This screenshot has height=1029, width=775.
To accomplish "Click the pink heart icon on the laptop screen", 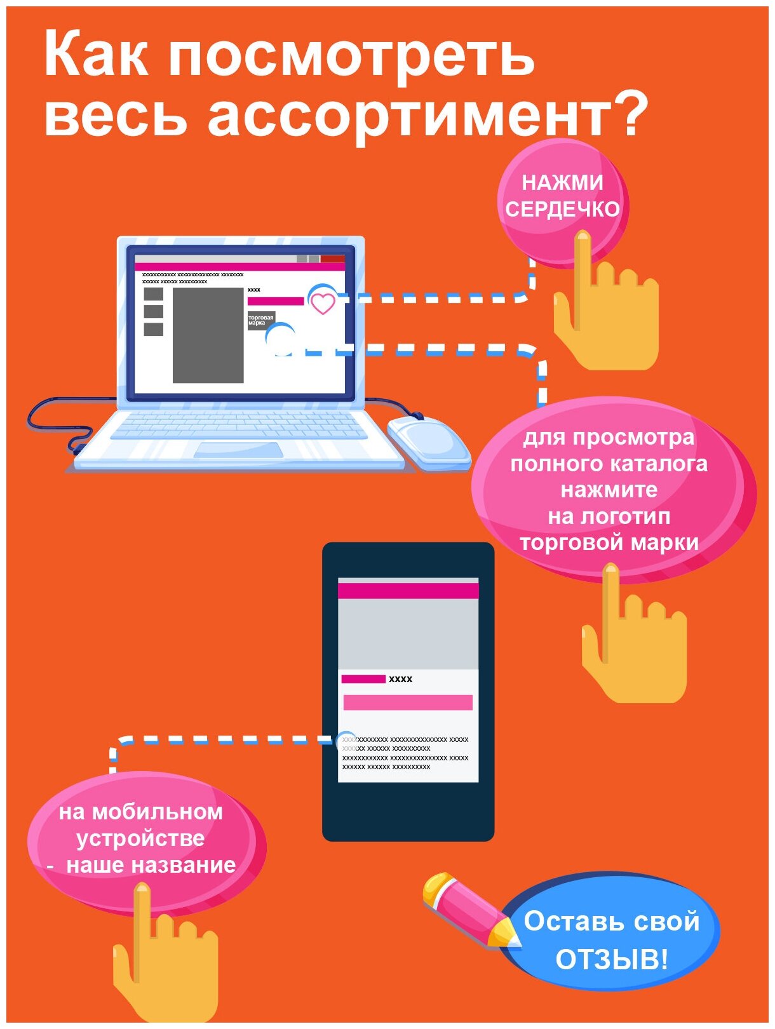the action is (x=323, y=303).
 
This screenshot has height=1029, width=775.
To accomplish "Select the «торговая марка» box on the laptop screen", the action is (x=260, y=320).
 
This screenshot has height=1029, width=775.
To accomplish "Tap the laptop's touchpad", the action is (x=238, y=450).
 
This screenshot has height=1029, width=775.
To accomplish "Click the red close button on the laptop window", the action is (x=332, y=259).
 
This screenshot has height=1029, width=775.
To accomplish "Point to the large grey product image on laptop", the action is (x=208, y=335).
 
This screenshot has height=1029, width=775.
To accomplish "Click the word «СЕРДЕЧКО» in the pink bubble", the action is (x=562, y=209).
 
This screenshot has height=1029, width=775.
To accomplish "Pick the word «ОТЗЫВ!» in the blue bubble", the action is (x=611, y=959).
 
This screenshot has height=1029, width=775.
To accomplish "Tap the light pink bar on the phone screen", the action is (x=408, y=702).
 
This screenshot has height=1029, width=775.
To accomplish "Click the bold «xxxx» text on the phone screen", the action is (x=400, y=679).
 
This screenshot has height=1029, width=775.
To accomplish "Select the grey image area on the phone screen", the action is (x=408, y=634).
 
